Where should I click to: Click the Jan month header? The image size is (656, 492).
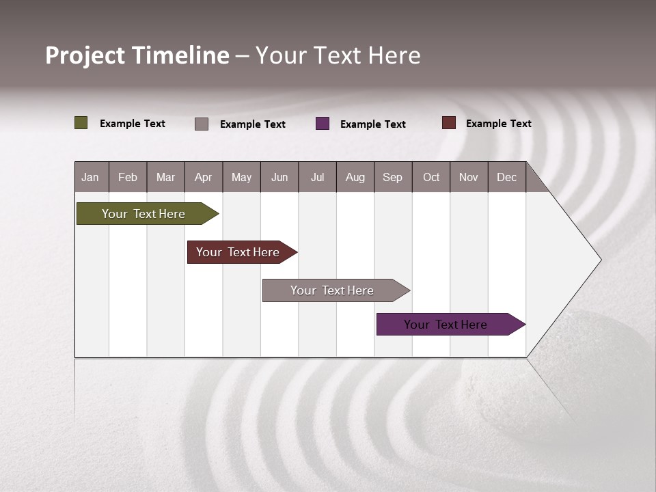[91, 177]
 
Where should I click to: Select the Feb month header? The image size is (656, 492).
[128, 177]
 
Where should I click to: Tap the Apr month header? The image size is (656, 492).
[204, 177]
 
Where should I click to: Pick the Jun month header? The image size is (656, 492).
[279, 177]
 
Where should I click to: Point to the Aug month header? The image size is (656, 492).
[355, 177]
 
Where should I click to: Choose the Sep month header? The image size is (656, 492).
[393, 177]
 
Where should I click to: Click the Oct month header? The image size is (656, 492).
[431, 177]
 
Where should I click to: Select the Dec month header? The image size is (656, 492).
[507, 177]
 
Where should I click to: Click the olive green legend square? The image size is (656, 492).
[81, 123]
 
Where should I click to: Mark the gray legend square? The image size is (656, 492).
[202, 124]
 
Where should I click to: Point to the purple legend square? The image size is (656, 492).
[323, 124]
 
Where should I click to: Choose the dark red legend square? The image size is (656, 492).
[449, 123]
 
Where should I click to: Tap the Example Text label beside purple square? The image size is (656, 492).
[373, 124]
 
